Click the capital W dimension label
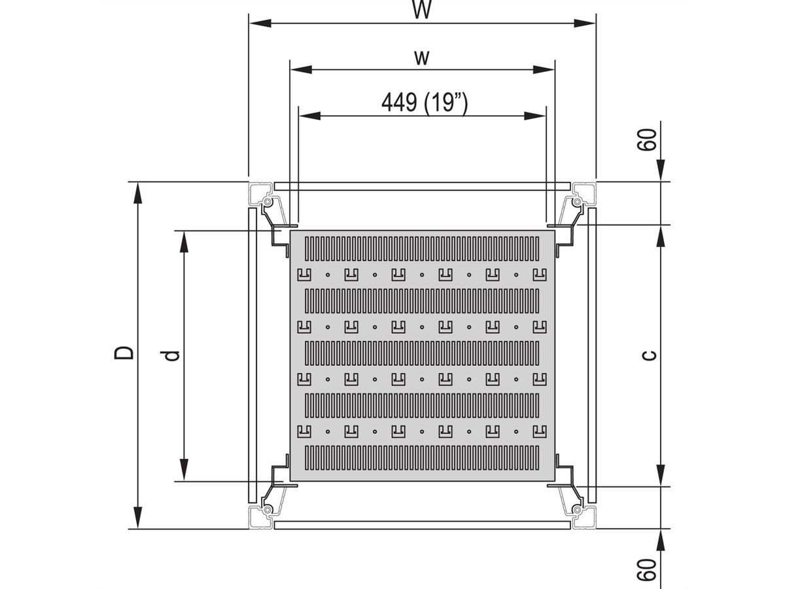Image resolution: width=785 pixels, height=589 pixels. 422,9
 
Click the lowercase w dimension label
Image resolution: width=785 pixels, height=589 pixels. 422,58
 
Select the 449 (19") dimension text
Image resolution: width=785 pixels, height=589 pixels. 425,103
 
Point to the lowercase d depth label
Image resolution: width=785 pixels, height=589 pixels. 173,355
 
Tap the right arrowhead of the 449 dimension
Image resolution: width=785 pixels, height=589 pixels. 535,116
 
